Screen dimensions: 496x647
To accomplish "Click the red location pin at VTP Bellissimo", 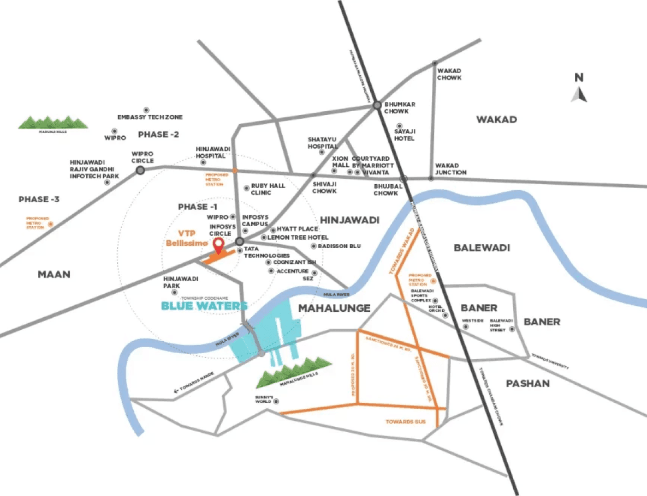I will (x=219, y=245).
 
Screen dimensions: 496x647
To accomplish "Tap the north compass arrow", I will (x=579, y=94).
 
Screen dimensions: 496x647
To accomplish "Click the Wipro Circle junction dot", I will (x=140, y=170).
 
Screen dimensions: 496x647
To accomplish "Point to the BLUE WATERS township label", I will (x=204, y=306).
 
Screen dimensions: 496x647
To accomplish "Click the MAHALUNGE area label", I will (x=334, y=308).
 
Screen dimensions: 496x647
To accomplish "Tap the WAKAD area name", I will (x=496, y=119).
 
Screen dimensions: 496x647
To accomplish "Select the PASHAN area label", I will (x=527, y=383).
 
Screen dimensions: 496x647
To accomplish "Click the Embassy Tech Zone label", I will (x=150, y=117).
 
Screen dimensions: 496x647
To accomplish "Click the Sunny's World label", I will (x=263, y=400).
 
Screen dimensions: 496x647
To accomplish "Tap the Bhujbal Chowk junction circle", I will (x=403, y=178).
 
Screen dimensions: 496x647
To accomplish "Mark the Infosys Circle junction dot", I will (x=239, y=241).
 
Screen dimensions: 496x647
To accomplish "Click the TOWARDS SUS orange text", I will (x=405, y=422).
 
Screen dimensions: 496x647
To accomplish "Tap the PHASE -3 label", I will (x=39, y=199).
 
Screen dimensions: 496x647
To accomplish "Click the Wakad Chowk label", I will (x=449, y=74).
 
